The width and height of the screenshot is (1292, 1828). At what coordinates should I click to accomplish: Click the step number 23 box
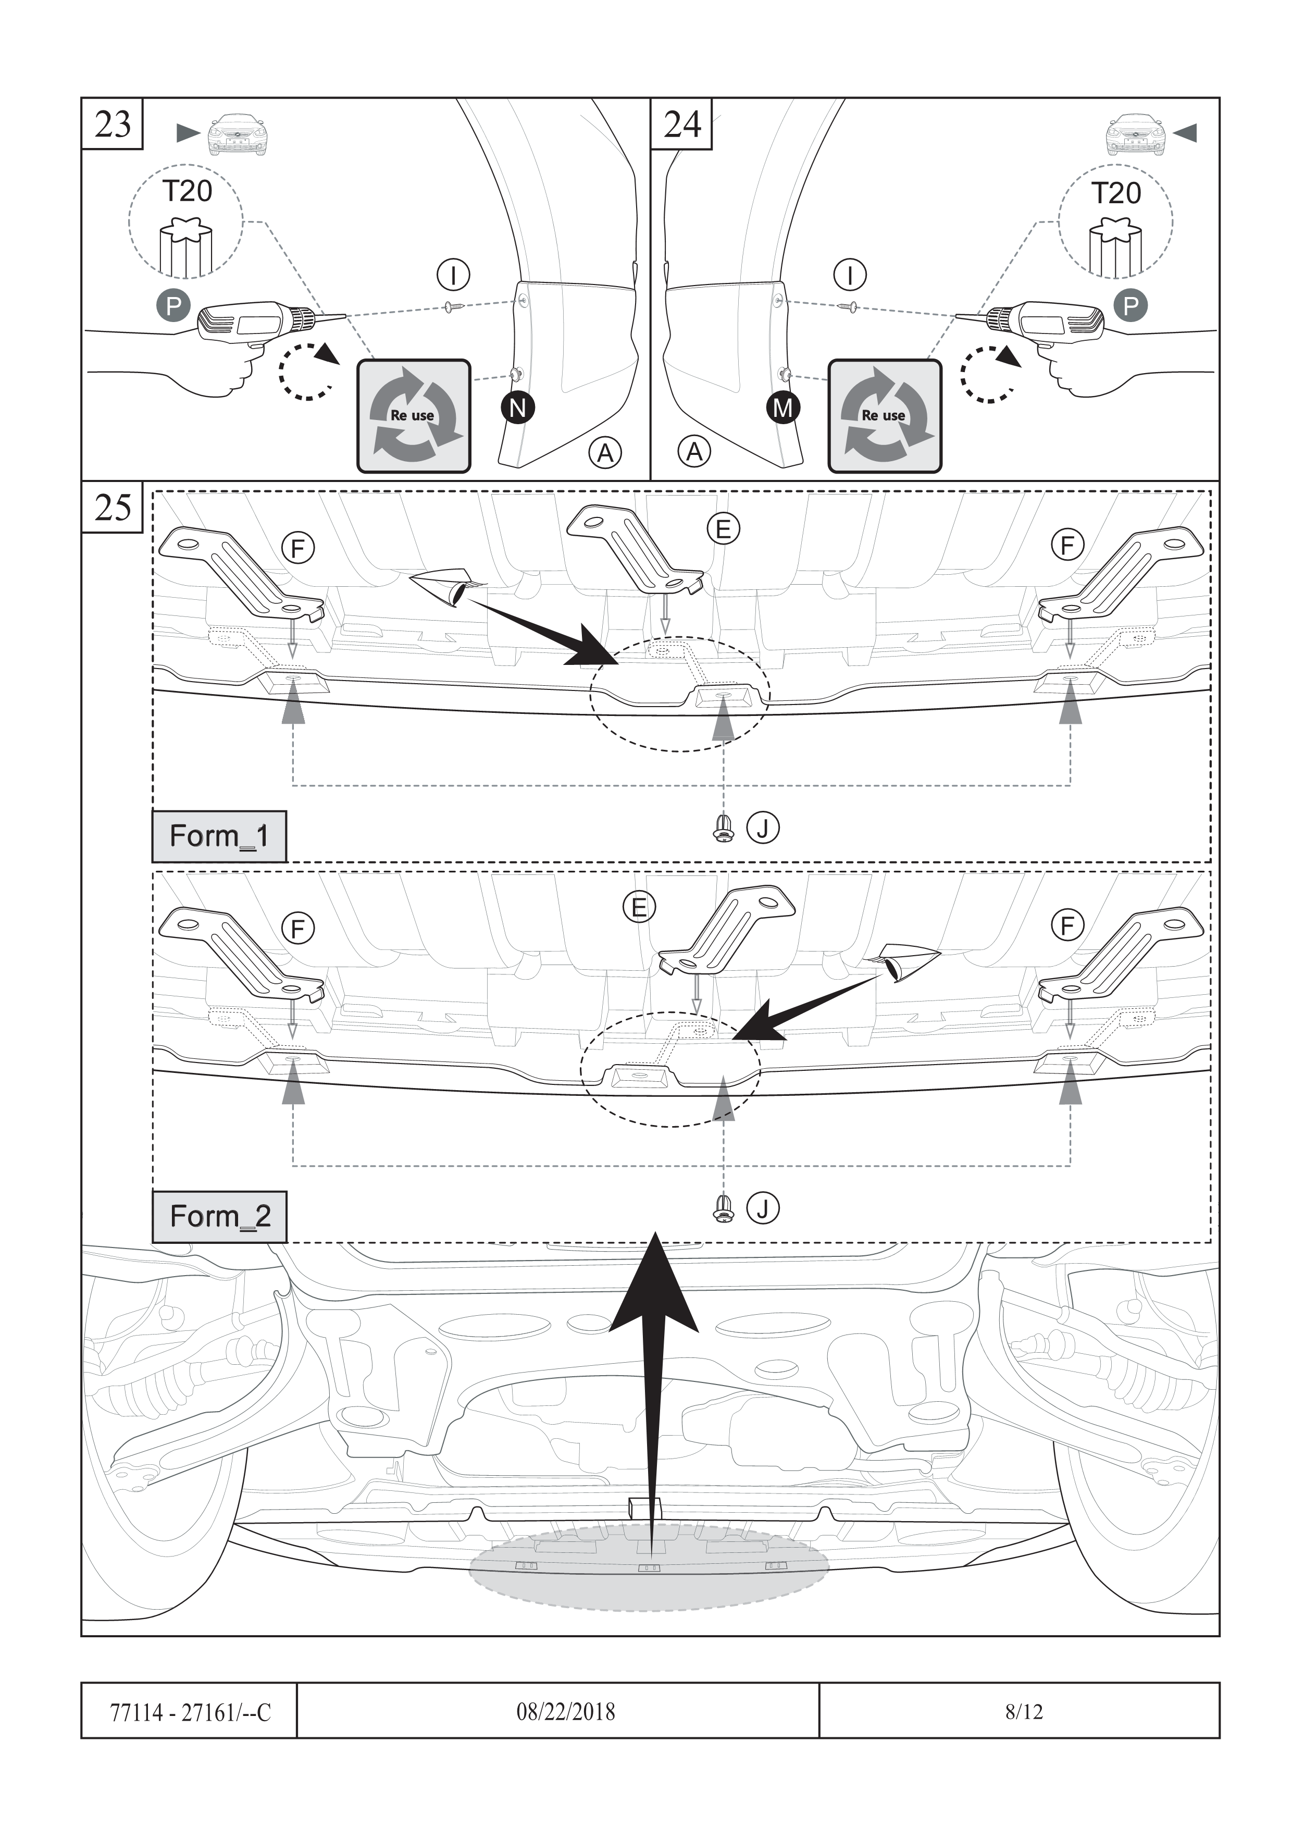pyautogui.click(x=112, y=124)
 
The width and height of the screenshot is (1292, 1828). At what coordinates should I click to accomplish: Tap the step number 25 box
pyautogui.click(x=112, y=507)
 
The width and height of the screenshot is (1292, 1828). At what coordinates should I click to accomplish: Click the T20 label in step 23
pyautogui.click(x=187, y=192)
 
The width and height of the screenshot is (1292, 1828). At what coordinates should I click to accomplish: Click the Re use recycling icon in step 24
pyautogui.click(x=885, y=416)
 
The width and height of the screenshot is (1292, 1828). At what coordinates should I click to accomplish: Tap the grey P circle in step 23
pyautogui.click(x=173, y=305)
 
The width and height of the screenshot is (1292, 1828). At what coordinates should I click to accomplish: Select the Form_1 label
pyautogui.click(x=219, y=836)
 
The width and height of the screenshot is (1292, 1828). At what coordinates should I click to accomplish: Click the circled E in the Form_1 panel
pyautogui.click(x=723, y=529)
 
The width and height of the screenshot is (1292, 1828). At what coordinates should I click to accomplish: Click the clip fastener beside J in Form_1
pyautogui.click(x=723, y=829)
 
